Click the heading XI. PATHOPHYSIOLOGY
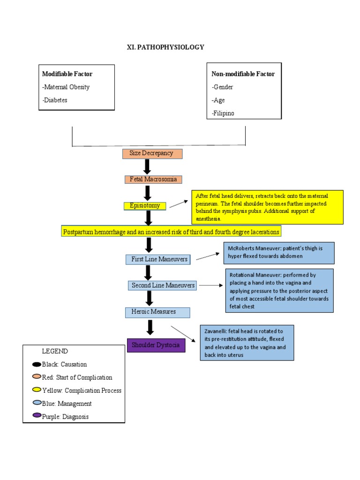(165, 47)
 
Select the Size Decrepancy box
(152, 153)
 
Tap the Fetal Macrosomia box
(153, 180)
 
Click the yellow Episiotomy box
(145, 206)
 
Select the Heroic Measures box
(157, 312)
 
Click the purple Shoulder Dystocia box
(156, 345)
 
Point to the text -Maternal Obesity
(66, 87)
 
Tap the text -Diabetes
(54, 100)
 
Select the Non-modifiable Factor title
(243, 74)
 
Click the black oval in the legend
(37, 365)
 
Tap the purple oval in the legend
(37, 416)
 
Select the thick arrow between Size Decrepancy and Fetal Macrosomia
(147, 166)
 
